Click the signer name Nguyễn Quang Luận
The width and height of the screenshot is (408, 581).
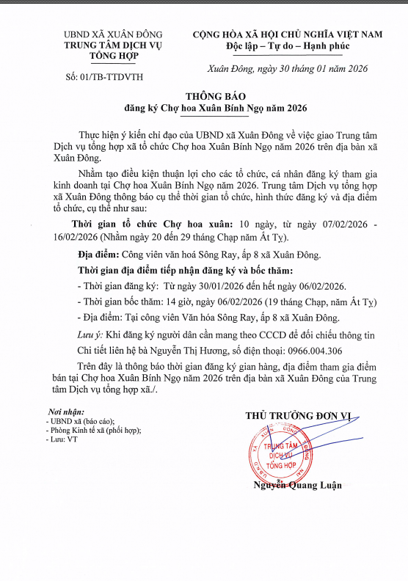(298, 485)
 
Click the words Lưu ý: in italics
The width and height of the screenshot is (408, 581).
(92, 334)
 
